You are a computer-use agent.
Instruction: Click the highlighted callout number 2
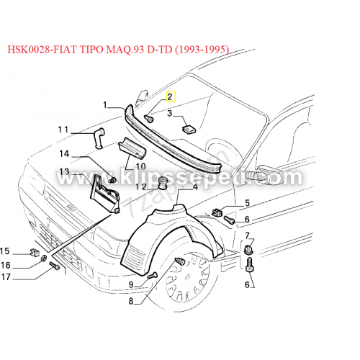(x=170, y=96)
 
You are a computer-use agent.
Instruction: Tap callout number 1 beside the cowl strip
(x=105, y=105)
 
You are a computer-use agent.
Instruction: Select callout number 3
(x=170, y=113)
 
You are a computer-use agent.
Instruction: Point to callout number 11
(x=63, y=130)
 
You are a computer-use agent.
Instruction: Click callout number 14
(x=64, y=153)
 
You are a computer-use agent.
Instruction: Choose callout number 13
(x=64, y=171)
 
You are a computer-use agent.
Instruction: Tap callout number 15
(x=5, y=251)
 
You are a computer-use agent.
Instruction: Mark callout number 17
(x=6, y=277)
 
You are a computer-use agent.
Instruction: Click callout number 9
(x=131, y=284)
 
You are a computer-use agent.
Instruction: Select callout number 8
(x=131, y=301)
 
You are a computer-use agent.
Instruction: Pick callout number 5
(x=247, y=203)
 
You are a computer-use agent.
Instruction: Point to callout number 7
(x=248, y=235)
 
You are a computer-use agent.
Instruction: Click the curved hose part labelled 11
(x=99, y=138)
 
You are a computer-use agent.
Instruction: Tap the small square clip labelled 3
(x=189, y=129)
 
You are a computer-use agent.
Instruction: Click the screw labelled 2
(x=148, y=118)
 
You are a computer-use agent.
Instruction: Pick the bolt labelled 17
(x=54, y=266)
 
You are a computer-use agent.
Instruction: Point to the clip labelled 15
(x=35, y=253)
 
